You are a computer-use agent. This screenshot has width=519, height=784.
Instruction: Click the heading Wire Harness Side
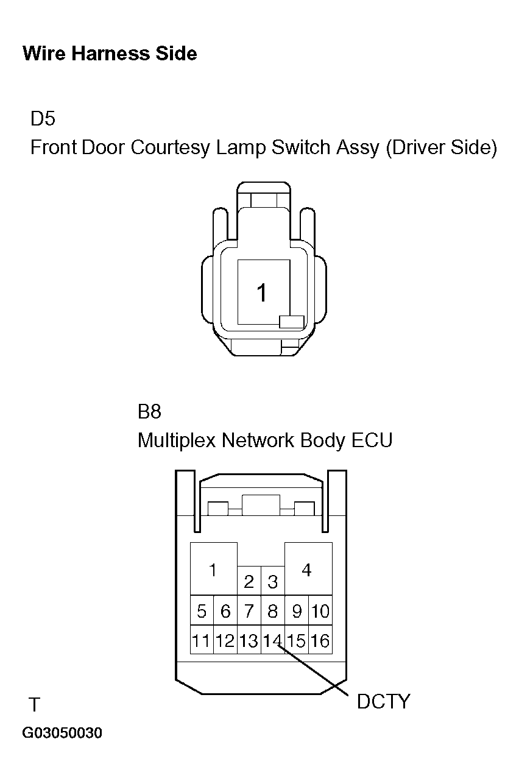click(x=110, y=54)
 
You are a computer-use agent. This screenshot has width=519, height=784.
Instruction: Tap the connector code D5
click(x=43, y=118)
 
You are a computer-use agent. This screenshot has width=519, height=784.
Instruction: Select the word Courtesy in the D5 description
click(x=170, y=147)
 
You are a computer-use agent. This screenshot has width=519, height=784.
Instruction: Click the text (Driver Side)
click(x=441, y=147)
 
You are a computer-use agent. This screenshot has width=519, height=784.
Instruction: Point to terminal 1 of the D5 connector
click(x=264, y=292)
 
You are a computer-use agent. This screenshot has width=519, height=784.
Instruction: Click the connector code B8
click(x=149, y=411)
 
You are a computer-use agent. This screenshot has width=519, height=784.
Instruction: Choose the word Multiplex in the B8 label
click(x=177, y=440)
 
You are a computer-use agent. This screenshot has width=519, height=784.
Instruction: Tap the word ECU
click(x=372, y=440)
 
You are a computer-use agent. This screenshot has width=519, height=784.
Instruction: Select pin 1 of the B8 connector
click(x=213, y=568)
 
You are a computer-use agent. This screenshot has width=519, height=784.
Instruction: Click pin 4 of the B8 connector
click(x=308, y=568)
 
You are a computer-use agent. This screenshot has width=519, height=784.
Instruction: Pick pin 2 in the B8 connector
click(x=249, y=581)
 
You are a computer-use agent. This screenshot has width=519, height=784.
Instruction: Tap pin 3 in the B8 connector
click(x=273, y=581)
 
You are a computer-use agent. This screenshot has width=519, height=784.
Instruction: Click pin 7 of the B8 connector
click(x=249, y=610)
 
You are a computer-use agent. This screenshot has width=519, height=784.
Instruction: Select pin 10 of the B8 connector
click(x=320, y=610)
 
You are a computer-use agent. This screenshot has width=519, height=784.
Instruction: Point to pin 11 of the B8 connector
click(x=202, y=640)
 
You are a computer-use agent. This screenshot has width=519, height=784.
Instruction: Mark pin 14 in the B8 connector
click(x=273, y=640)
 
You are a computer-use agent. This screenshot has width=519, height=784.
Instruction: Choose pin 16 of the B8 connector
click(x=320, y=640)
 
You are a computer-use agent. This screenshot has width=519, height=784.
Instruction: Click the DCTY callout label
click(x=383, y=701)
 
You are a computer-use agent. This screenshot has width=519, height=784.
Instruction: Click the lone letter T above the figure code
click(x=34, y=704)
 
